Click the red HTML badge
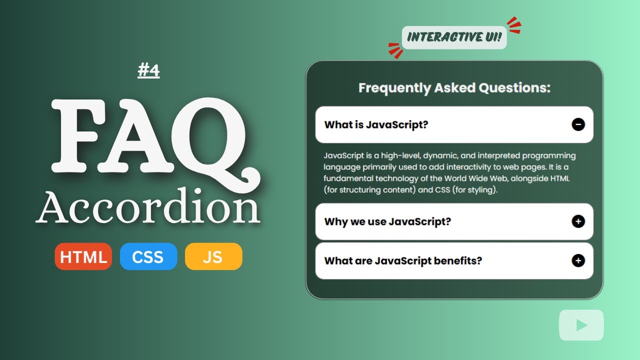coord(83,256)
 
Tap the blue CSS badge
coord(148,256)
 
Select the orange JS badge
coord(213,256)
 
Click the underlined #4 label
coord(148,71)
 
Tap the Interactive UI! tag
coord(454,37)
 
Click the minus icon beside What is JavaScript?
coord(578,124)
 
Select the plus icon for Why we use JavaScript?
coord(578,221)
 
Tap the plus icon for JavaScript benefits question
coord(578,260)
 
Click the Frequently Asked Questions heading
coord(454,88)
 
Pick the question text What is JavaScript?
coord(376,124)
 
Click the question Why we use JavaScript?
coord(387,221)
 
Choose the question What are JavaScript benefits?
coord(403,260)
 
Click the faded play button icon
coord(581,325)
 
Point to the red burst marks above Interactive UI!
coord(513,25)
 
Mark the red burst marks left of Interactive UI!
coord(395,50)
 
